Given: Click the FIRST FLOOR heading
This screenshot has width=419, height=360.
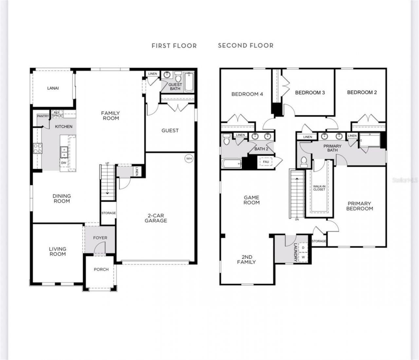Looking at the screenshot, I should [174, 46].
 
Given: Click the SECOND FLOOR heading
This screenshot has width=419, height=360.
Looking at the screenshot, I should [246, 45].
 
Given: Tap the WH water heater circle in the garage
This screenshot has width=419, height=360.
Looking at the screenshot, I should [189, 159].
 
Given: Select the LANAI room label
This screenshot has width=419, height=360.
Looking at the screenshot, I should [53, 88].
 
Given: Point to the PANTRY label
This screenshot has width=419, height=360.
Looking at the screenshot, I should [43, 116].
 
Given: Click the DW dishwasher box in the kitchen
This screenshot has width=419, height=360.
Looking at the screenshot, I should [64, 163].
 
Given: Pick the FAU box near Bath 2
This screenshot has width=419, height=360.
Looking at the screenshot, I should [266, 162].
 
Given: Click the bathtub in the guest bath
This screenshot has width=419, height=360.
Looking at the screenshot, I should [189, 82].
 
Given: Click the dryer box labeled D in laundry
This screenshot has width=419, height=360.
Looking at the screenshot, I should [303, 248].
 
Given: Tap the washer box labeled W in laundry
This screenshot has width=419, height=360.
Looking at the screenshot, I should [303, 257].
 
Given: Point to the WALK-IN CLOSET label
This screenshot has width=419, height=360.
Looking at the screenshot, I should [319, 188].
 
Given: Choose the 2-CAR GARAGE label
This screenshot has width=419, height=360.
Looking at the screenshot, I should [156, 218].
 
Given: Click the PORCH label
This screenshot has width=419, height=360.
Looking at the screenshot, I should [101, 269].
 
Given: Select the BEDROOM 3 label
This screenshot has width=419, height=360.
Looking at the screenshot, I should [310, 93].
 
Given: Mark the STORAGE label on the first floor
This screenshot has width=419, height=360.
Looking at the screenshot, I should [108, 213].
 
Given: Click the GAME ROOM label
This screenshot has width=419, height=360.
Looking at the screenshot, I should [251, 200].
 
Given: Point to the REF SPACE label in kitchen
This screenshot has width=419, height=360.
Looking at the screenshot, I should [57, 114].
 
